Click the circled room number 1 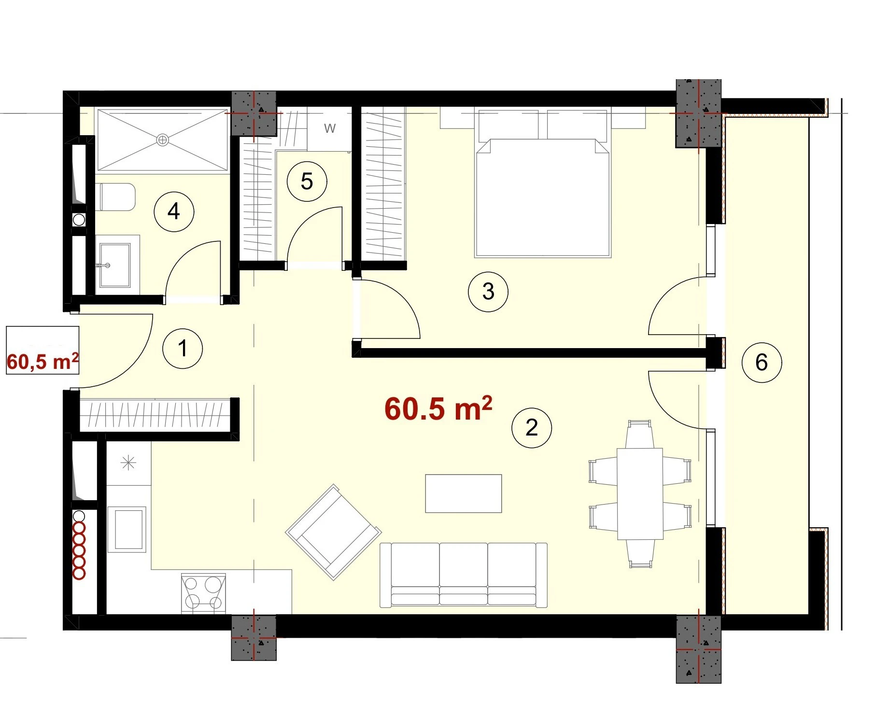[183, 348]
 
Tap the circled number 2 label [532, 427]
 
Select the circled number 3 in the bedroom [488, 291]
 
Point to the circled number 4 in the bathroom [174, 211]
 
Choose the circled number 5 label [307, 182]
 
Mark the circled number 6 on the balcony [762, 362]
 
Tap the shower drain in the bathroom [163, 140]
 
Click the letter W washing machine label [330, 128]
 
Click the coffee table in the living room [464, 493]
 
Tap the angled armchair [334, 532]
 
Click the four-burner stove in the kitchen [203, 594]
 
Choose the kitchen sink [127, 529]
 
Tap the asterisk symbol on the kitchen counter [128, 463]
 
